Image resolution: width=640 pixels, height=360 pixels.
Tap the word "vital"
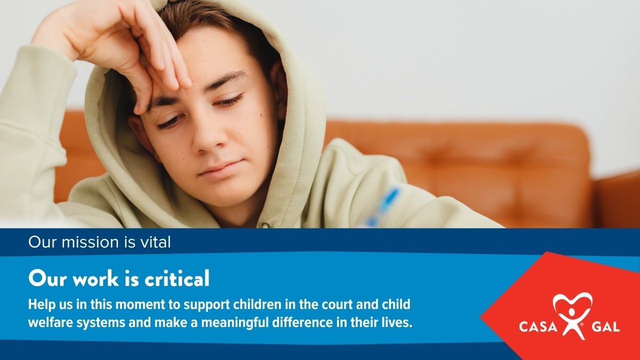click(x=155, y=243)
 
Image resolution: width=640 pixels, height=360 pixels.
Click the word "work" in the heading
click(x=85, y=278)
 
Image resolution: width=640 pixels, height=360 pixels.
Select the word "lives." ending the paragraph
click(x=398, y=324)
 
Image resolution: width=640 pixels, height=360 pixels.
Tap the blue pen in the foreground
click(x=386, y=205)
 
